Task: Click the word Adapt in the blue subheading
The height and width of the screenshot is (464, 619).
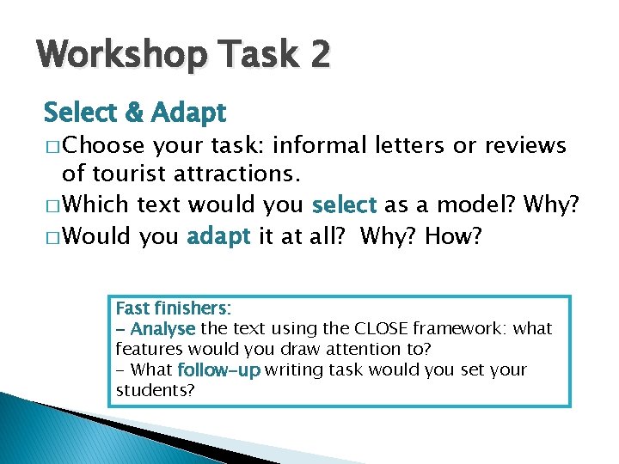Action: point(187,113)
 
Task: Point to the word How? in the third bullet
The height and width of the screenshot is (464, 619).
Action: point(452,235)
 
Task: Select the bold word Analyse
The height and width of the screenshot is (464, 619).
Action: point(164,329)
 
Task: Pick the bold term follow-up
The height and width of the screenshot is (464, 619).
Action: point(218,370)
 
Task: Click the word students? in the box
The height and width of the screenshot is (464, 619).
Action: point(156,391)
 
